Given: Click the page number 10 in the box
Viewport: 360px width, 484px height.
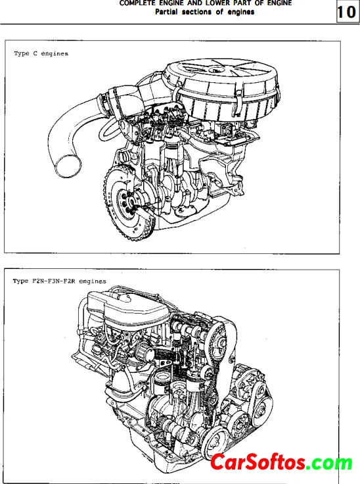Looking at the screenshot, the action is click(x=347, y=12).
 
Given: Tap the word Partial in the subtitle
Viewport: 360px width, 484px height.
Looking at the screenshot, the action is click(x=166, y=12).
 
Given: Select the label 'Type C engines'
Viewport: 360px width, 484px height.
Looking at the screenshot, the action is click(x=41, y=53).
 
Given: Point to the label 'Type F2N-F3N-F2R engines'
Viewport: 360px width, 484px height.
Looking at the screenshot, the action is click(x=59, y=281).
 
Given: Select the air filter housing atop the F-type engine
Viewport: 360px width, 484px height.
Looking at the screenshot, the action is click(x=127, y=309).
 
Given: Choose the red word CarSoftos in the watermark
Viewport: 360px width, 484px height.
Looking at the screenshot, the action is click(x=257, y=462).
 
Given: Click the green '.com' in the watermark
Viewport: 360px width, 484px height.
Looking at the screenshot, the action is click(x=329, y=463).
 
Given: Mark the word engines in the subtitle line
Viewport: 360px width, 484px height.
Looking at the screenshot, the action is click(x=241, y=12).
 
